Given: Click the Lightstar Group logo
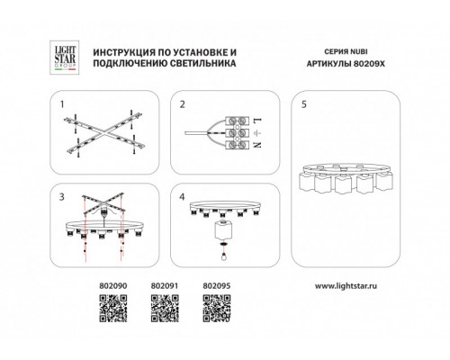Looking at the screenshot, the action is pyautogui.click(x=64, y=58).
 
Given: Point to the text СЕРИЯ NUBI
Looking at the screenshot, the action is pyautogui.click(x=346, y=51).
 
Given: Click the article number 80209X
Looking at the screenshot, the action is pyautogui.click(x=369, y=64).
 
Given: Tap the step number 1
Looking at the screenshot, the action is pyautogui.click(x=62, y=104).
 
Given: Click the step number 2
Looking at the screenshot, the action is pyautogui.click(x=183, y=104).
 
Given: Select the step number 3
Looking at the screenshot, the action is pyautogui.click(x=62, y=197).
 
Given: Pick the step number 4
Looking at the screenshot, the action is pyautogui.click(x=182, y=197).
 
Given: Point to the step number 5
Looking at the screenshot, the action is pyautogui.click(x=304, y=104).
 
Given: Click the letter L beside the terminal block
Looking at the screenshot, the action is pyautogui.click(x=258, y=121).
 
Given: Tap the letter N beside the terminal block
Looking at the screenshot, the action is pyautogui.click(x=257, y=145).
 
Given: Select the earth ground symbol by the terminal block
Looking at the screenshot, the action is pyautogui.click(x=258, y=132).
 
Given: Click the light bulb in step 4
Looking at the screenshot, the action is pyautogui.click(x=223, y=256).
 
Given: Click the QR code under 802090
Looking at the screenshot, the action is pyautogui.click(x=113, y=309).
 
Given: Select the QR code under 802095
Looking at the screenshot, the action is pyautogui.click(x=217, y=309).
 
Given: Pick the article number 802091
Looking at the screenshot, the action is pyautogui.click(x=165, y=286).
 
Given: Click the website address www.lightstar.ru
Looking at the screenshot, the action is pyautogui.click(x=346, y=286).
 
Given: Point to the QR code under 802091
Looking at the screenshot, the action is pyautogui.click(x=165, y=309).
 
